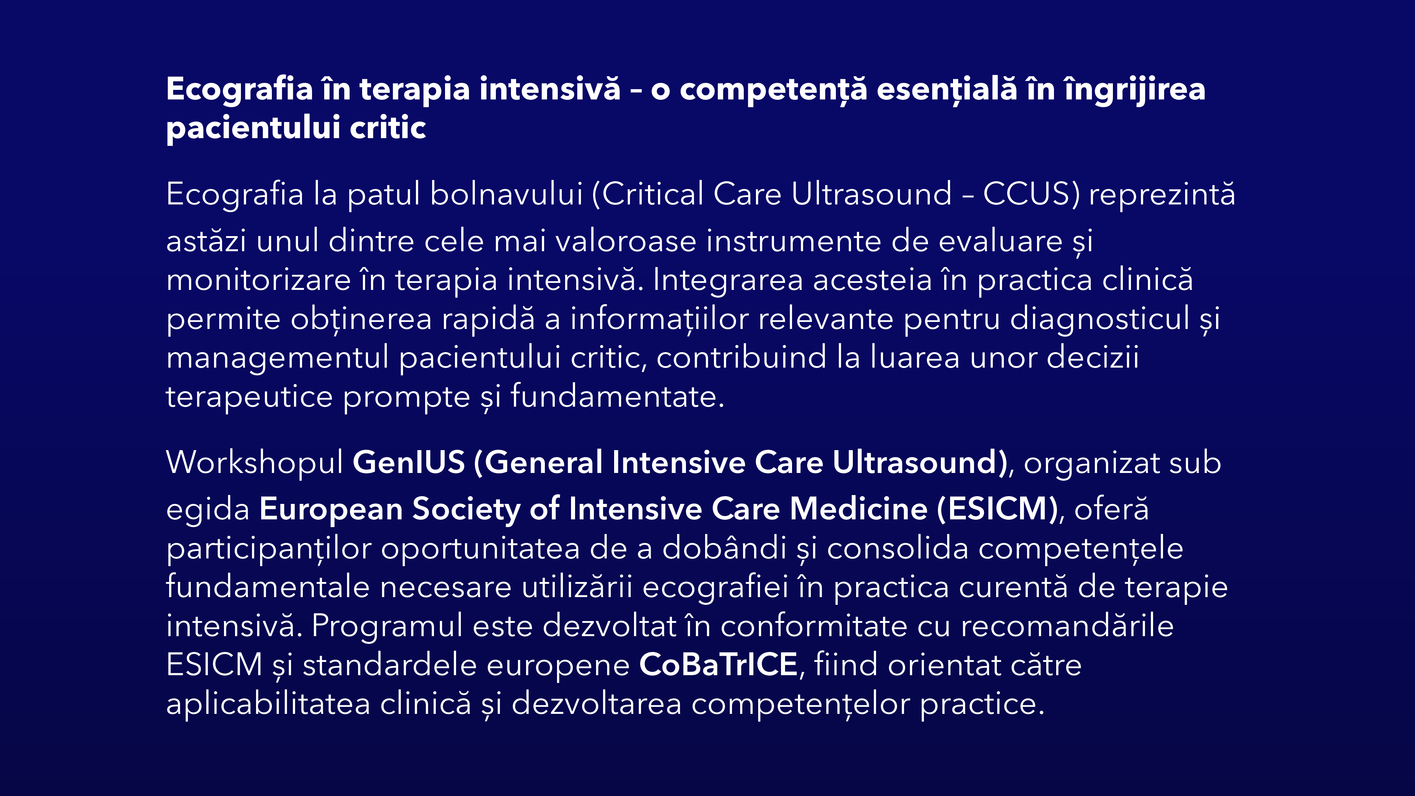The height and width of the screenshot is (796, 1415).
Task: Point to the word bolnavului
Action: tap(506, 193)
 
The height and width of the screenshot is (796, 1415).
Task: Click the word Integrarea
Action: tap(728, 280)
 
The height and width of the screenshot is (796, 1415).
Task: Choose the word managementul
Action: tap(278, 358)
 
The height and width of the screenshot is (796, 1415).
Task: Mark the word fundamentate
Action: tap(617, 396)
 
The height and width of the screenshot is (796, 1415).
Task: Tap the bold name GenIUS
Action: tap(409, 463)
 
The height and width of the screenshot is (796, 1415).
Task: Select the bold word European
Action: tap(331, 509)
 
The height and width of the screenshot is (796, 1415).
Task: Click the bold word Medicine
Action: tap(859, 508)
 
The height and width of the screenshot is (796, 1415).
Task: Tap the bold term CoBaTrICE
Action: tap(718, 665)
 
